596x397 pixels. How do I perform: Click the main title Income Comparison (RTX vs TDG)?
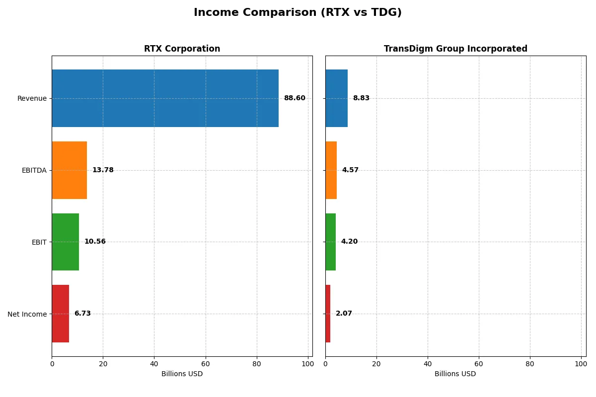pyautogui.click(x=298, y=12)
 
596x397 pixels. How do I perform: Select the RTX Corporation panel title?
pyautogui.click(x=182, y=49)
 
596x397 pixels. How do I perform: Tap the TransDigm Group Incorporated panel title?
pyautogui.click(x=455, y=49)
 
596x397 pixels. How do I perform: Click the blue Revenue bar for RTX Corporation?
pyautogui.click(x=165, y=98)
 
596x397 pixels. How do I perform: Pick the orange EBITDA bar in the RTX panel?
pyautogui.click(x=70, y=170)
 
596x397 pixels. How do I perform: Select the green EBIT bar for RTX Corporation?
pyautogui.click(x=65, y=242)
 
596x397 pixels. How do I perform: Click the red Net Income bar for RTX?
pyautogui.click(x=61, y=314)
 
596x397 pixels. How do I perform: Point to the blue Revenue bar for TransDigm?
pyautogui.click(x=336, y=98)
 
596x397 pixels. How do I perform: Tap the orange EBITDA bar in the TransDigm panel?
pyautogui.click(x=331, y=170)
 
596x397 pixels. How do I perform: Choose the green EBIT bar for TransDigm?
pyautogui.click(x=331, y=242)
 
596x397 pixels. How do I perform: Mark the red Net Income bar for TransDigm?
pyautogui.click(x=328, y=314)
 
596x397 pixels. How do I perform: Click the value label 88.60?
pyautogui.click(x=295, y=98)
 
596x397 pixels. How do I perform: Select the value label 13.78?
pyautogui.click(x=103, y=170)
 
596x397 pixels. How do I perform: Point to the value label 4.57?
pyautogui.click(x=350, y=170)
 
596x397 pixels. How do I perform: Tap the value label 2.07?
pyautogui.click(x=344, y=314)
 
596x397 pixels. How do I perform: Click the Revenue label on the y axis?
pyautogui.click(x=32, y=98)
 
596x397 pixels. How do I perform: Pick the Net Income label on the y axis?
pyautogui.click(x=27, y=314)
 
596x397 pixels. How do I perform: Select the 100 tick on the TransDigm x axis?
pyautogui.click(x=581, y=364)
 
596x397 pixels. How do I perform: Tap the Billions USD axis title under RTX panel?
pyautogui.click(x=182, y=374)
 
